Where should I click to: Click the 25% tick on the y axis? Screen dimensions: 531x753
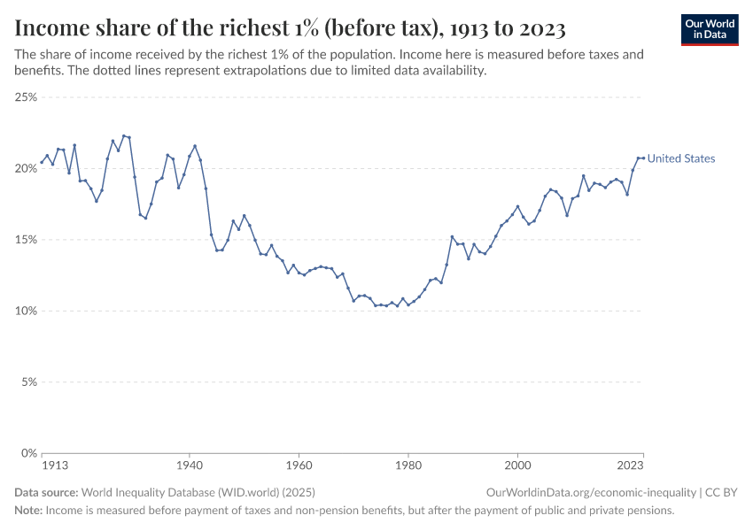(26, 96)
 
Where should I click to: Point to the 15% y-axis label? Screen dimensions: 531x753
(26, 239)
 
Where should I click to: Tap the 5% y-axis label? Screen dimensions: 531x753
(28, 382)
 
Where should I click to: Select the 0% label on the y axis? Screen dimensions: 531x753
(28, 453)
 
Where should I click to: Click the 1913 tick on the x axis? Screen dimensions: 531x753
(42, 464)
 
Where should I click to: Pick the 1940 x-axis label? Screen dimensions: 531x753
(189, 464)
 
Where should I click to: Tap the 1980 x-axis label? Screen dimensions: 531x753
(408, 464)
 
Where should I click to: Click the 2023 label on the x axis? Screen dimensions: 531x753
(630, 464)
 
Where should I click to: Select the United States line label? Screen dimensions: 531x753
(680, 158)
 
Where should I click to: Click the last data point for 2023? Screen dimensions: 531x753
(643, 158)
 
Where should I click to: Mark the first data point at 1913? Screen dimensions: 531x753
(42, 162)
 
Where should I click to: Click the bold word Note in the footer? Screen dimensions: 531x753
(27, 511)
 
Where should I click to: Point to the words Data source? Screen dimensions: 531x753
(46, 492)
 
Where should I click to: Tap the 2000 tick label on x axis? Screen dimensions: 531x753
(517, 464)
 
